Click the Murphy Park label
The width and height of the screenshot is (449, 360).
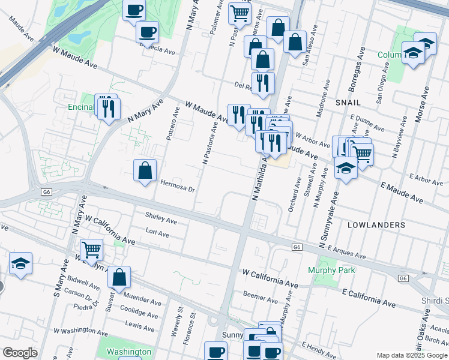click(331, 270)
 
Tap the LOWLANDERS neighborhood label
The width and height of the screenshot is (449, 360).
click(376, 224)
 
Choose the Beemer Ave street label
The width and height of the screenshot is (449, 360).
click(259, 294)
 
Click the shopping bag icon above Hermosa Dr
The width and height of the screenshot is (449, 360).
click(145, 170)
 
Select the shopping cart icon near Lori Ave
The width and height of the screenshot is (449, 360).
click(91, 248)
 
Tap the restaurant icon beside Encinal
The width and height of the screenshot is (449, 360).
click(109, 108)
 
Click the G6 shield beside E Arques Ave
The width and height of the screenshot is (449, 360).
click(297, 247)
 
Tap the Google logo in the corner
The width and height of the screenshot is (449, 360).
click(20, 353)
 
